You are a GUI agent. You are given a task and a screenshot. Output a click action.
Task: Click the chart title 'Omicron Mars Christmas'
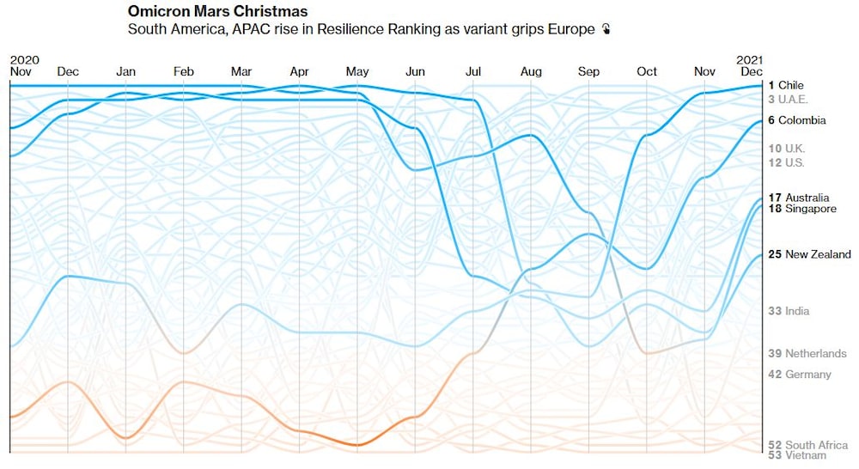pyautogui.click(x=217, y=12)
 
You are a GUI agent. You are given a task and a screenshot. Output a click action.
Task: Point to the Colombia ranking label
pyautogui.click(x=796, y=120)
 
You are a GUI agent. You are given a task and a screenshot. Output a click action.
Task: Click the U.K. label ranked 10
pyautogui.click(x=786, y=149)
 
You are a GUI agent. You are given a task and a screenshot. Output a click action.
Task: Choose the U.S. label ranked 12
pyautogui.click(x=786, y=162)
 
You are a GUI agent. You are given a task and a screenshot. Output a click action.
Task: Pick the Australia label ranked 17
pyautogui.click(x=799, y=198)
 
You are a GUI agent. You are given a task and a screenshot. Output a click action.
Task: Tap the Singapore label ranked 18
pyautogui.click(x=801, y=209)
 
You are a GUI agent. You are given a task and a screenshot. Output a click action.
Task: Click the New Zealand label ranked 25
pyautogui.click(x=809, y=254)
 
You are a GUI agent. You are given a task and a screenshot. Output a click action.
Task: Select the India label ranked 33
pyautogui.click(x=789, y=311)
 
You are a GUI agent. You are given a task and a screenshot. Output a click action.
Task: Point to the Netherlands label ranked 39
pyautogui.click(x=807, y=353)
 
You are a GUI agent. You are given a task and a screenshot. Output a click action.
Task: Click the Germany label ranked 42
pyautogui.click(x=800, y=375)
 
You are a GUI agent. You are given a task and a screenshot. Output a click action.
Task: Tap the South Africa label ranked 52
pyautogui.click(x=807, y=445)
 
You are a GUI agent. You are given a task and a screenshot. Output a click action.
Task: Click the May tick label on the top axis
pyautogui.click(x=357, y=72)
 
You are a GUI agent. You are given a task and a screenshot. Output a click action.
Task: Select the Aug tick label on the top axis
pyautogui.click(x=531, y=72)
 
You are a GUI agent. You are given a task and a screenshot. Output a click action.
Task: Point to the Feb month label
pyautogui.click(x=183, y=72)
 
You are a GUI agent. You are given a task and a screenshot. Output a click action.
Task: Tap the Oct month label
pyautogui.click(x=647, y=72)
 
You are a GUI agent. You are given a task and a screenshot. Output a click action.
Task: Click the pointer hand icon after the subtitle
pyautogui.click(x=606, y=30)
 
